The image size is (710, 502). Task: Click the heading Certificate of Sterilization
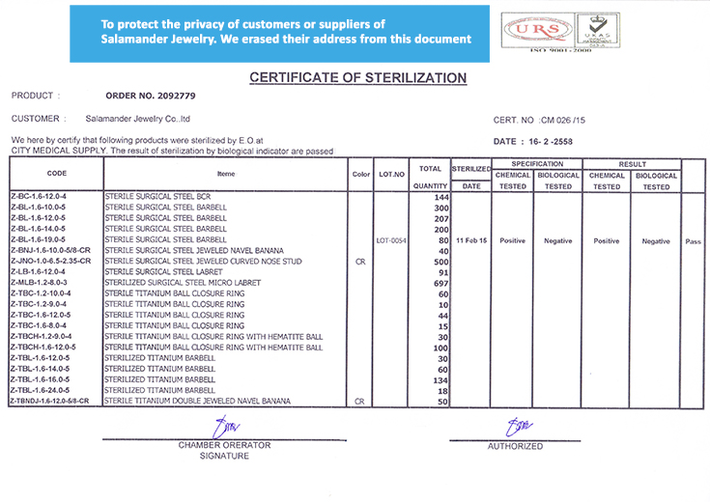[357, 78]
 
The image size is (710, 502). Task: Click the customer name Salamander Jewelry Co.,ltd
[138, 119]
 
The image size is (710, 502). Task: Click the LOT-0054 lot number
[391, 239]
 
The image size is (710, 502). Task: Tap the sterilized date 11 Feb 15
[471, 239]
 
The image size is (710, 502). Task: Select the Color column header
[361, 174]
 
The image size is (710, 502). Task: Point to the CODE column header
[57, 174]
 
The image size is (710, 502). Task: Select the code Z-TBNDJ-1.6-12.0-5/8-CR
[49, 400]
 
